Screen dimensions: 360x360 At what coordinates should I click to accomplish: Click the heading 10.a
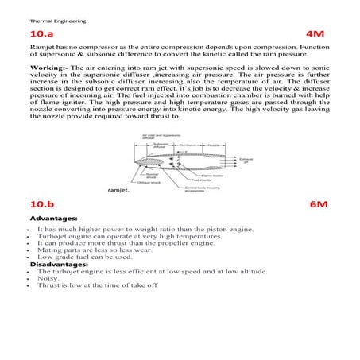click(x=44, y=37)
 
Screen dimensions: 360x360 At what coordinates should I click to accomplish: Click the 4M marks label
click(x=316, y=37)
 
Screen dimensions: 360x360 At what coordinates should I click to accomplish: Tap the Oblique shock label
click(x=149, y=183)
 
